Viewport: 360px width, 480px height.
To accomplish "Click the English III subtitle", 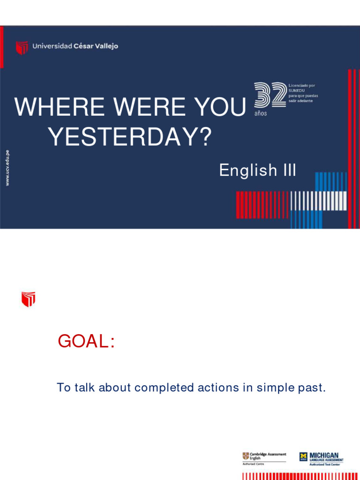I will (257, 171).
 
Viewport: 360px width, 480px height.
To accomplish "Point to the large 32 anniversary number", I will (270, 95).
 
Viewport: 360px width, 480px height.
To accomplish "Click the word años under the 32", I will (261, 114).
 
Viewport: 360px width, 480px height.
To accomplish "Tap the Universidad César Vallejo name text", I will (75, 46).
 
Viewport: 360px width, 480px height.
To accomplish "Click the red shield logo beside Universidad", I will (22, 47).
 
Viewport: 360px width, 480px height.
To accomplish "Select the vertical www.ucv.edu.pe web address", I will (7, 167).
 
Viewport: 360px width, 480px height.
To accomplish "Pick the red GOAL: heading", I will (86, 342).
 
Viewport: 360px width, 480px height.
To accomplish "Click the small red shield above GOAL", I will (28, 299).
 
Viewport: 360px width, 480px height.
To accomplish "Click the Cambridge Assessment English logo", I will (264, 457).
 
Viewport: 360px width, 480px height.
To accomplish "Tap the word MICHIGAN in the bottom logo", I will (324, 455).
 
